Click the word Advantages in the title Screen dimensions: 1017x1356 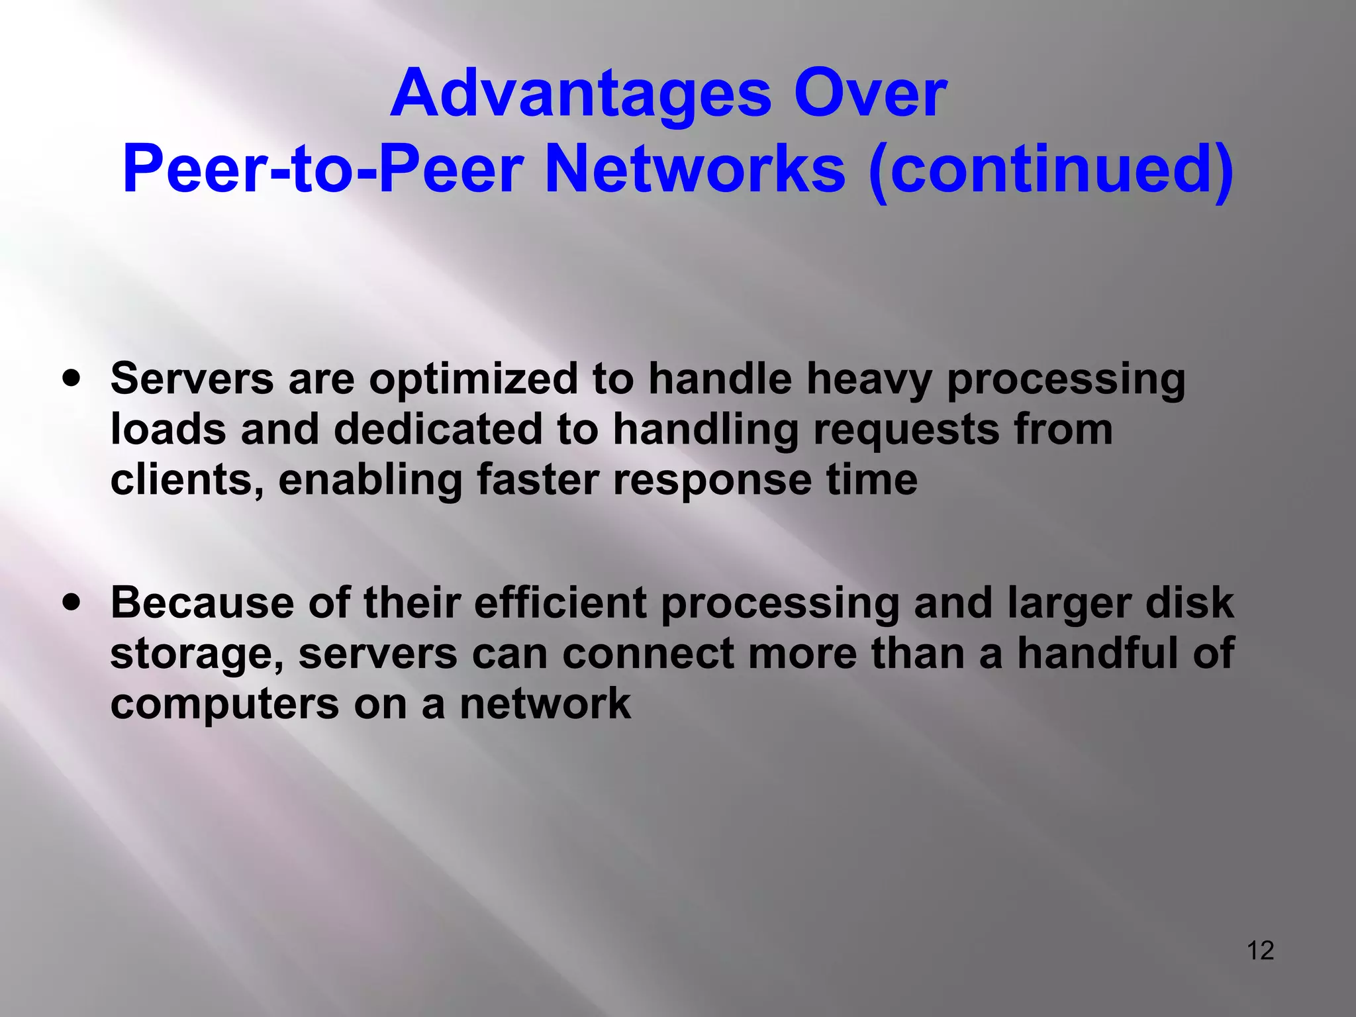[x=581, y=94]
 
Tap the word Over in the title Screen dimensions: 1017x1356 [x=871, y=94]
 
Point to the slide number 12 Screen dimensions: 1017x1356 [x=1260, y=950]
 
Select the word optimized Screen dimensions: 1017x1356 [x=473, y=379]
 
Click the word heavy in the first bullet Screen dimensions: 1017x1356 [x=869, y=381]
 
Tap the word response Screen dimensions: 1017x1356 [x=712, y=481]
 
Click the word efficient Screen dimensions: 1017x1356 [x=560, y=603]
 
